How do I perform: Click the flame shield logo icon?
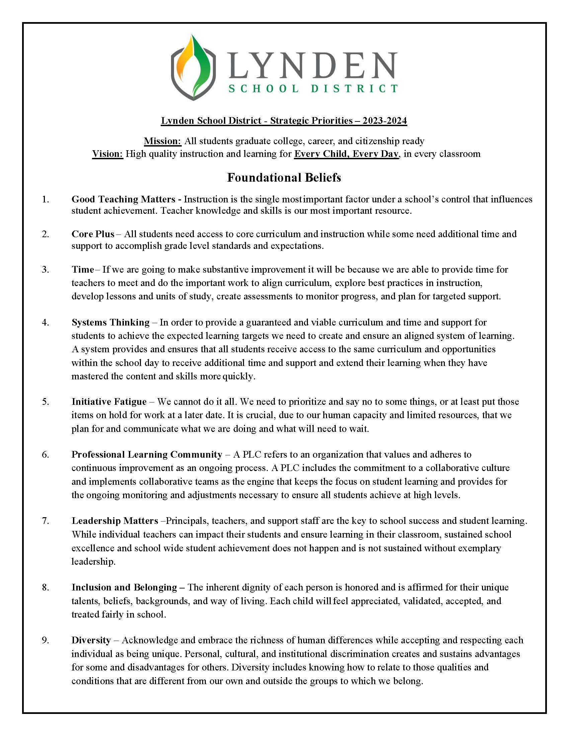pos(193,67)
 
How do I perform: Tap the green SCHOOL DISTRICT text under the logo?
pos(313,89)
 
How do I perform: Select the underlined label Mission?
pos(162,141)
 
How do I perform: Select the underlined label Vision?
pos(108,154)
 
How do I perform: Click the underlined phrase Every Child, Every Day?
pos(346,154)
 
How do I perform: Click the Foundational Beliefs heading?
pos(284,178)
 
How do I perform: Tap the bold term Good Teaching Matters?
pos(123,199)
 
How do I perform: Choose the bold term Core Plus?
pos(93,234)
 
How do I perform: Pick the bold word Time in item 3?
pos(83,269)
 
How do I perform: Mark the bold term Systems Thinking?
pos(110,322)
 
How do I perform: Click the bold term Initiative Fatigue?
pos(109,401)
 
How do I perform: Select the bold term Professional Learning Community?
pos(147,454)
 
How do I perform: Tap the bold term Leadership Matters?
pos(114,521)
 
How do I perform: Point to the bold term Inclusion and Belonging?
pos(124,587)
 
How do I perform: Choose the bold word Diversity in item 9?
pos(91,640)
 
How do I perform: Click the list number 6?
pos(46,455)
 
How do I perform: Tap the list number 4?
pos(46,323)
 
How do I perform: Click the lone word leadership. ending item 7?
pos(93,561)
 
